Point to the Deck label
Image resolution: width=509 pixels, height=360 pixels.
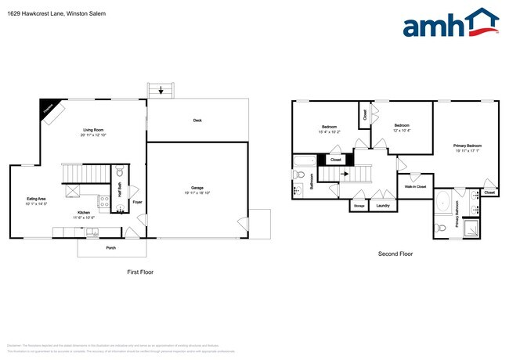coord(197,120)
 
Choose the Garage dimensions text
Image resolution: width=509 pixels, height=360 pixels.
coord(197,193)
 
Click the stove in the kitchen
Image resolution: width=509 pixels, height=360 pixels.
coord(104,204)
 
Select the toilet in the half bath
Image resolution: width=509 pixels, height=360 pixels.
coord(120,172)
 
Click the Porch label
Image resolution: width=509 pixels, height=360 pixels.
coord(111,247)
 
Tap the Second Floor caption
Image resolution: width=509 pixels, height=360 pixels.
coord(395,254)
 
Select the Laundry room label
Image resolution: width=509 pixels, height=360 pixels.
coord(383,206)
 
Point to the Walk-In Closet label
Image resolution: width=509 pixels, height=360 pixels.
coord(415,187)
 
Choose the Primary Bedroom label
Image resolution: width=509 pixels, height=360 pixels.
coord(467,146)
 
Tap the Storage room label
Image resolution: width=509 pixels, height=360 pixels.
coord(359,206)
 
